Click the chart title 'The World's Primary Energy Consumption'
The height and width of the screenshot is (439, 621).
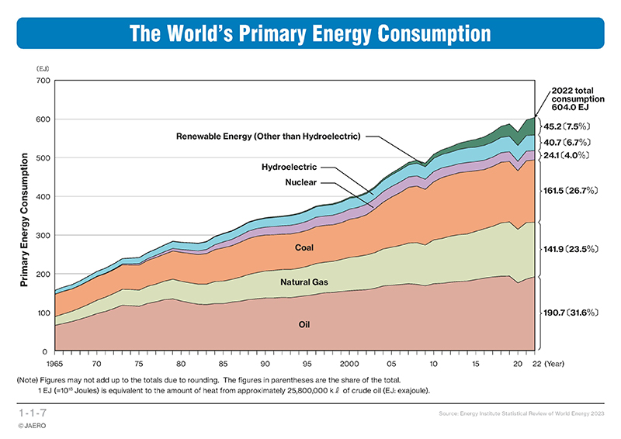310,34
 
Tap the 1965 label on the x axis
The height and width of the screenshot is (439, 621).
55,363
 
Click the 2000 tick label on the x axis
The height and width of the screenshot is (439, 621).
349,363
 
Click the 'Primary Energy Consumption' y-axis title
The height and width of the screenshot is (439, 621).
26,220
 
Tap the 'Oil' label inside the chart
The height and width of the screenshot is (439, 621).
305,323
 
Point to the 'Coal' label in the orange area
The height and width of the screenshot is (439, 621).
305,248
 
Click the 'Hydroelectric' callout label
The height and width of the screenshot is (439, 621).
290,167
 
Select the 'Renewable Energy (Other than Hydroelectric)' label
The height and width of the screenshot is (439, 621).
269,137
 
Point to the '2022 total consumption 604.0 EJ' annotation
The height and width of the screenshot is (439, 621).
573,100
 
